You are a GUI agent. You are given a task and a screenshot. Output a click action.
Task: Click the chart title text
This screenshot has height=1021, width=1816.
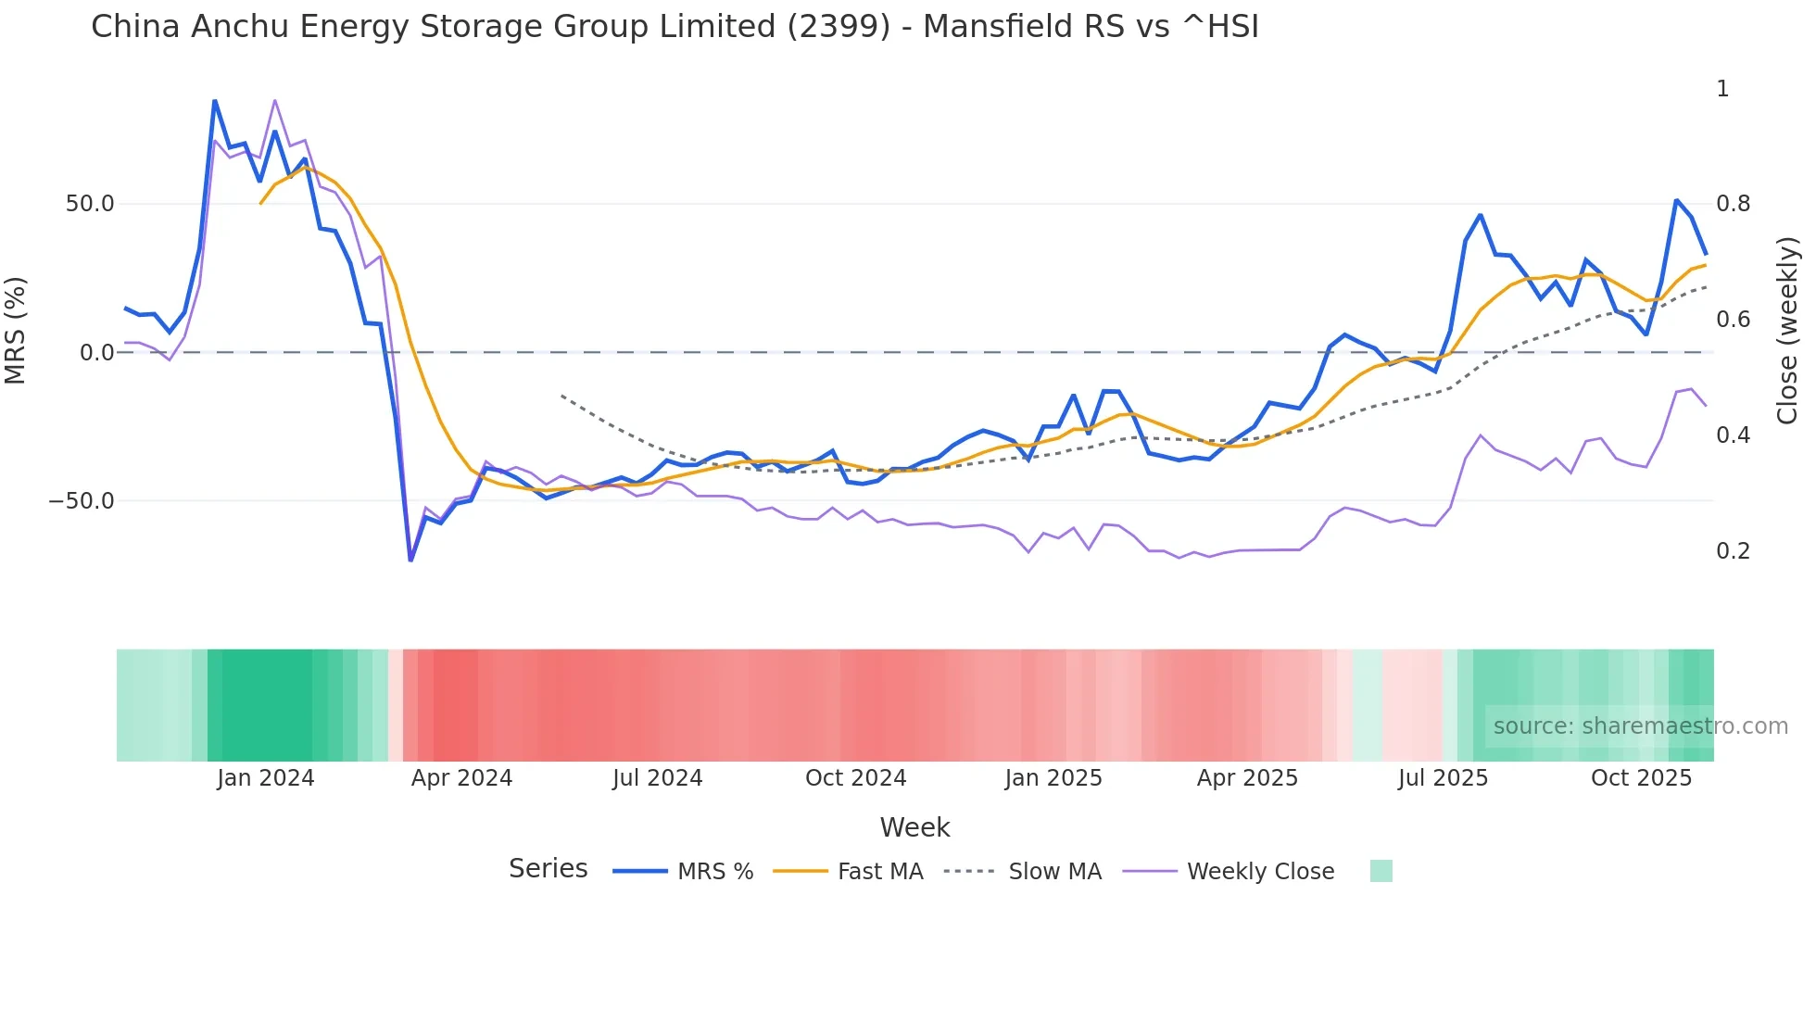point(675,27)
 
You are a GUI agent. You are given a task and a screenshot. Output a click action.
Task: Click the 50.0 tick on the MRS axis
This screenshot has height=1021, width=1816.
point(90,204)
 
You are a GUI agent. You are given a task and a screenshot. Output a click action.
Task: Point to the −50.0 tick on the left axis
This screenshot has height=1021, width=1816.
point(82,501)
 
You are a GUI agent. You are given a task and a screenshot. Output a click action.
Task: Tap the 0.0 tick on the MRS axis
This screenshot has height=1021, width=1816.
point(97,353)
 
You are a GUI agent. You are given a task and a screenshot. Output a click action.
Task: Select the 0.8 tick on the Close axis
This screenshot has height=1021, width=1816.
point(1733,204)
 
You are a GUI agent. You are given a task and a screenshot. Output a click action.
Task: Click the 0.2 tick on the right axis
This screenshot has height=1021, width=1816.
point(1733,551)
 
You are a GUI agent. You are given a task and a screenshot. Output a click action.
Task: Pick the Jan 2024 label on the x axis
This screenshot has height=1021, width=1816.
point(266,778)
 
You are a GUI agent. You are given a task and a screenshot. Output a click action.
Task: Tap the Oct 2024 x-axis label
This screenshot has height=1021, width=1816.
point(855,778)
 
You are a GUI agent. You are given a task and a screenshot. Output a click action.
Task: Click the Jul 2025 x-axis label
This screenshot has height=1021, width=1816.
point(1443,778)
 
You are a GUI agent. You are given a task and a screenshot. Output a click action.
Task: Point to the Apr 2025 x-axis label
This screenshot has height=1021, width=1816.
point(1247,778)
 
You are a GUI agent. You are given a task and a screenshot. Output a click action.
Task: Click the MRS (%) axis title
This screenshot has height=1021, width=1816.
point(16,331)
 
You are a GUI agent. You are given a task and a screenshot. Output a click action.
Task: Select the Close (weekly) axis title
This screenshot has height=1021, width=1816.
point(1787,331)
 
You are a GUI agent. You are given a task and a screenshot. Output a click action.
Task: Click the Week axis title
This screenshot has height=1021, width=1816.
point(914,827)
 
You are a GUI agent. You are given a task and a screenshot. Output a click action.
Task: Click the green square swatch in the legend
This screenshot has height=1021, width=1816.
point(1381,871)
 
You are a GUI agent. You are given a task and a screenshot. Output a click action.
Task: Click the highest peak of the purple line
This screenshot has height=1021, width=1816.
point(275,100)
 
